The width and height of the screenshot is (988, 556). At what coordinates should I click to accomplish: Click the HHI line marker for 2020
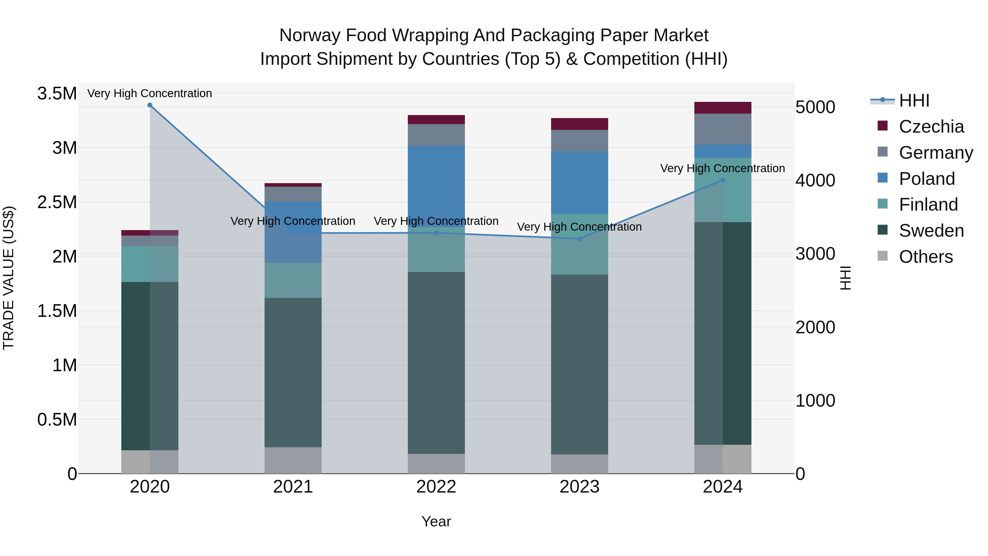pyautogui.click(x=150, y=105)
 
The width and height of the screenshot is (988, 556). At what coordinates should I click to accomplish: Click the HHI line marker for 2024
pyautogui.click(x=723, y=180)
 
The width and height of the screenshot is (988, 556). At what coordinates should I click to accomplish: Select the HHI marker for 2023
pyautogui.click(x=580, y=239)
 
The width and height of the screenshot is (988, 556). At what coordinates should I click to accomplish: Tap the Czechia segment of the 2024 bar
pyautogui.click(x=723, y=108)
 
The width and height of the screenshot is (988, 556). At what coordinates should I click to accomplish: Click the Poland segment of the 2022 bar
pyautogui.click(x=436, y=186)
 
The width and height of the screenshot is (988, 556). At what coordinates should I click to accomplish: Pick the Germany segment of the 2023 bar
pyautogui.click(x=580, y=140)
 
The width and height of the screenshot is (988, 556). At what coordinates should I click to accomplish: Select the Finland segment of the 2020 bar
pyautogui.click(x=150, y=264)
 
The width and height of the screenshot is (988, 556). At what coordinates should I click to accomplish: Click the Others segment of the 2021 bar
pyautogui.click(x=293, y=460)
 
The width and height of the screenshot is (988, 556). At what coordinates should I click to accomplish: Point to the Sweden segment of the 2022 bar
pyautogui.click(x=436, y=363)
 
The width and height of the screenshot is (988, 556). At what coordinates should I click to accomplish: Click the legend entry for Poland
pyautogui.click(x=926, y=179)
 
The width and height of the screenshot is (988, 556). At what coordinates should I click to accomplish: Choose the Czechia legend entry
pyautogui.click(x=931, y=127)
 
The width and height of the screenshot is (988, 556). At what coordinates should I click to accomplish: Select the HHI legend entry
pyautogui.click(x=914, y=100)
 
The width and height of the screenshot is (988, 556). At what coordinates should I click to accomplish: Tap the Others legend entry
pyautogui.click(x=925, y=257)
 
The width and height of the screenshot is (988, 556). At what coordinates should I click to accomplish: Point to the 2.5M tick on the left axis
pyautogui.click(x=57, y=202)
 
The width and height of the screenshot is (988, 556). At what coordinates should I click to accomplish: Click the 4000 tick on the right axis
pyautogui.click(x=815, y=180)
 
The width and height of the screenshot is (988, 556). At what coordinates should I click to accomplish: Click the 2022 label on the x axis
pyautogui.click(x=436, y=487)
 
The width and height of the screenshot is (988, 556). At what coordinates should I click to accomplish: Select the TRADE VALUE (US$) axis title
pyautogui.click(x=9, y=278)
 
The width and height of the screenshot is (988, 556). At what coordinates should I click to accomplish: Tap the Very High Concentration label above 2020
pyautogui.click(x=150, y=93)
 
